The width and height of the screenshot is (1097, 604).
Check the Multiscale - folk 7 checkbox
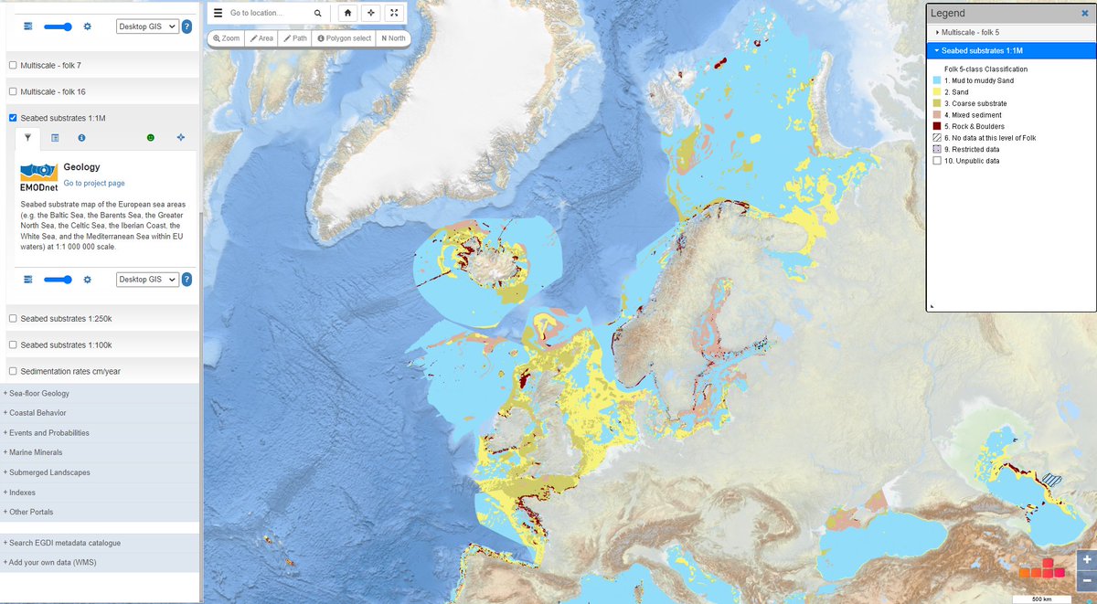coord(13,66)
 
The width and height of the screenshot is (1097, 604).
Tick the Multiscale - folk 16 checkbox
coord(13,92)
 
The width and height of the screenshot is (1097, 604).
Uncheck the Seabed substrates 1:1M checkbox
coord(13,118)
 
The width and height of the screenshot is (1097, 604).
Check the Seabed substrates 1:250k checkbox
coord(13,318)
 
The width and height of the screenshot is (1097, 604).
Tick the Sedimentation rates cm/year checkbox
coord(13,371)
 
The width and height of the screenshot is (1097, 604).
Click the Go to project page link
coord(94,184)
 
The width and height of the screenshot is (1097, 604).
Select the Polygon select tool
coord(345,38)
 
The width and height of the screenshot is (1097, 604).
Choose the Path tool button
coord(295,38)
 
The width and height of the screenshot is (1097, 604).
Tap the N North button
coord(393,38)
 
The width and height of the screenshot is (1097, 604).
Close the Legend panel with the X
coord(1084,14)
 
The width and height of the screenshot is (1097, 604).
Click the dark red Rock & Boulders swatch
coord(937,127)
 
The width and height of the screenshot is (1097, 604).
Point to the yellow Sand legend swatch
coord(937,92)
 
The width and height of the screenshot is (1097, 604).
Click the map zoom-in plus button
coord(1086,559)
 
